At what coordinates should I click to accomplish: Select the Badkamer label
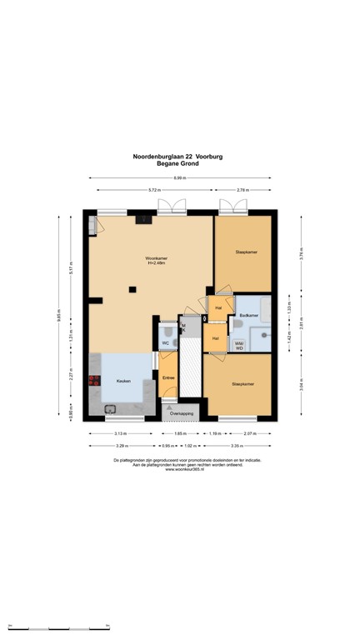(x=247, y=316)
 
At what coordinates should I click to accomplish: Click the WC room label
(x=166, y=342)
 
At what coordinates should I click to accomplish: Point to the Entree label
(x=168, y=379)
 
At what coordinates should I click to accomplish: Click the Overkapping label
(x=181, y=413)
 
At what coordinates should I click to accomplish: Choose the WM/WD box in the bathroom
(x=240, y=344)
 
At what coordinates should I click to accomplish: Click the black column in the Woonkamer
(x=132, y=289)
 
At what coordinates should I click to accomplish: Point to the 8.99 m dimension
(x=180, y=178)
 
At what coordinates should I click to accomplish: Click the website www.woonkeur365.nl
(x=180, y=469)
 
